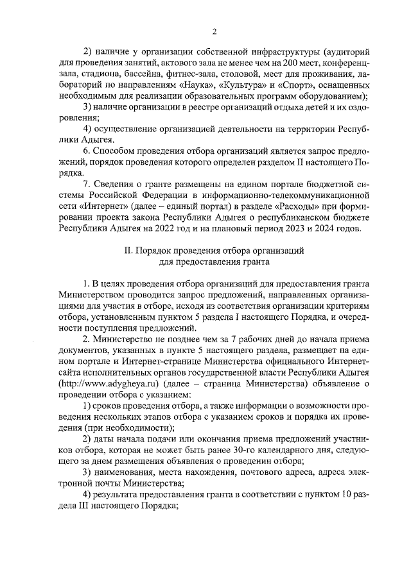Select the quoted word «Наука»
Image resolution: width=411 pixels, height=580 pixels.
[195, 85]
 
